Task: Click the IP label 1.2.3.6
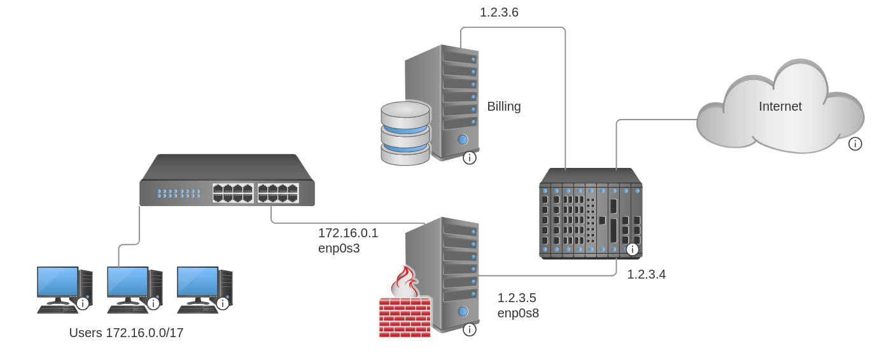click(x=499, y=12)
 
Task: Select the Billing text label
click(x=503, y=106)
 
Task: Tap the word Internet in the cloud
click(x=780, y=106)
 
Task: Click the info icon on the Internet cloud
click(x=855, y=144)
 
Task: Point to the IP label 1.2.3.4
click(x=646, y=274)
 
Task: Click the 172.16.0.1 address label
click(x=348, y=233)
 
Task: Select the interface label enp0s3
click(x=339, y=248)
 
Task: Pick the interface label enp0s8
click(x=518, y=313)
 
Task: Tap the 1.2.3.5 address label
click(x=517, y=298)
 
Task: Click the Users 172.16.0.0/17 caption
click(x=126, y=333)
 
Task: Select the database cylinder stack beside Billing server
click(x=405, y=133)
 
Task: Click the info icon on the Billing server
click(x=470, y=158)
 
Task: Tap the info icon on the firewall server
click(x=470, y=329)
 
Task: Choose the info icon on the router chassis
click(x=632, y=249)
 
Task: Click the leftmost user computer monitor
click(x=57, y=282)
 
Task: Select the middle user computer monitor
click(x=127, y=282)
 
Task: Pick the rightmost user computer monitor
click(x=197, y=282)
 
